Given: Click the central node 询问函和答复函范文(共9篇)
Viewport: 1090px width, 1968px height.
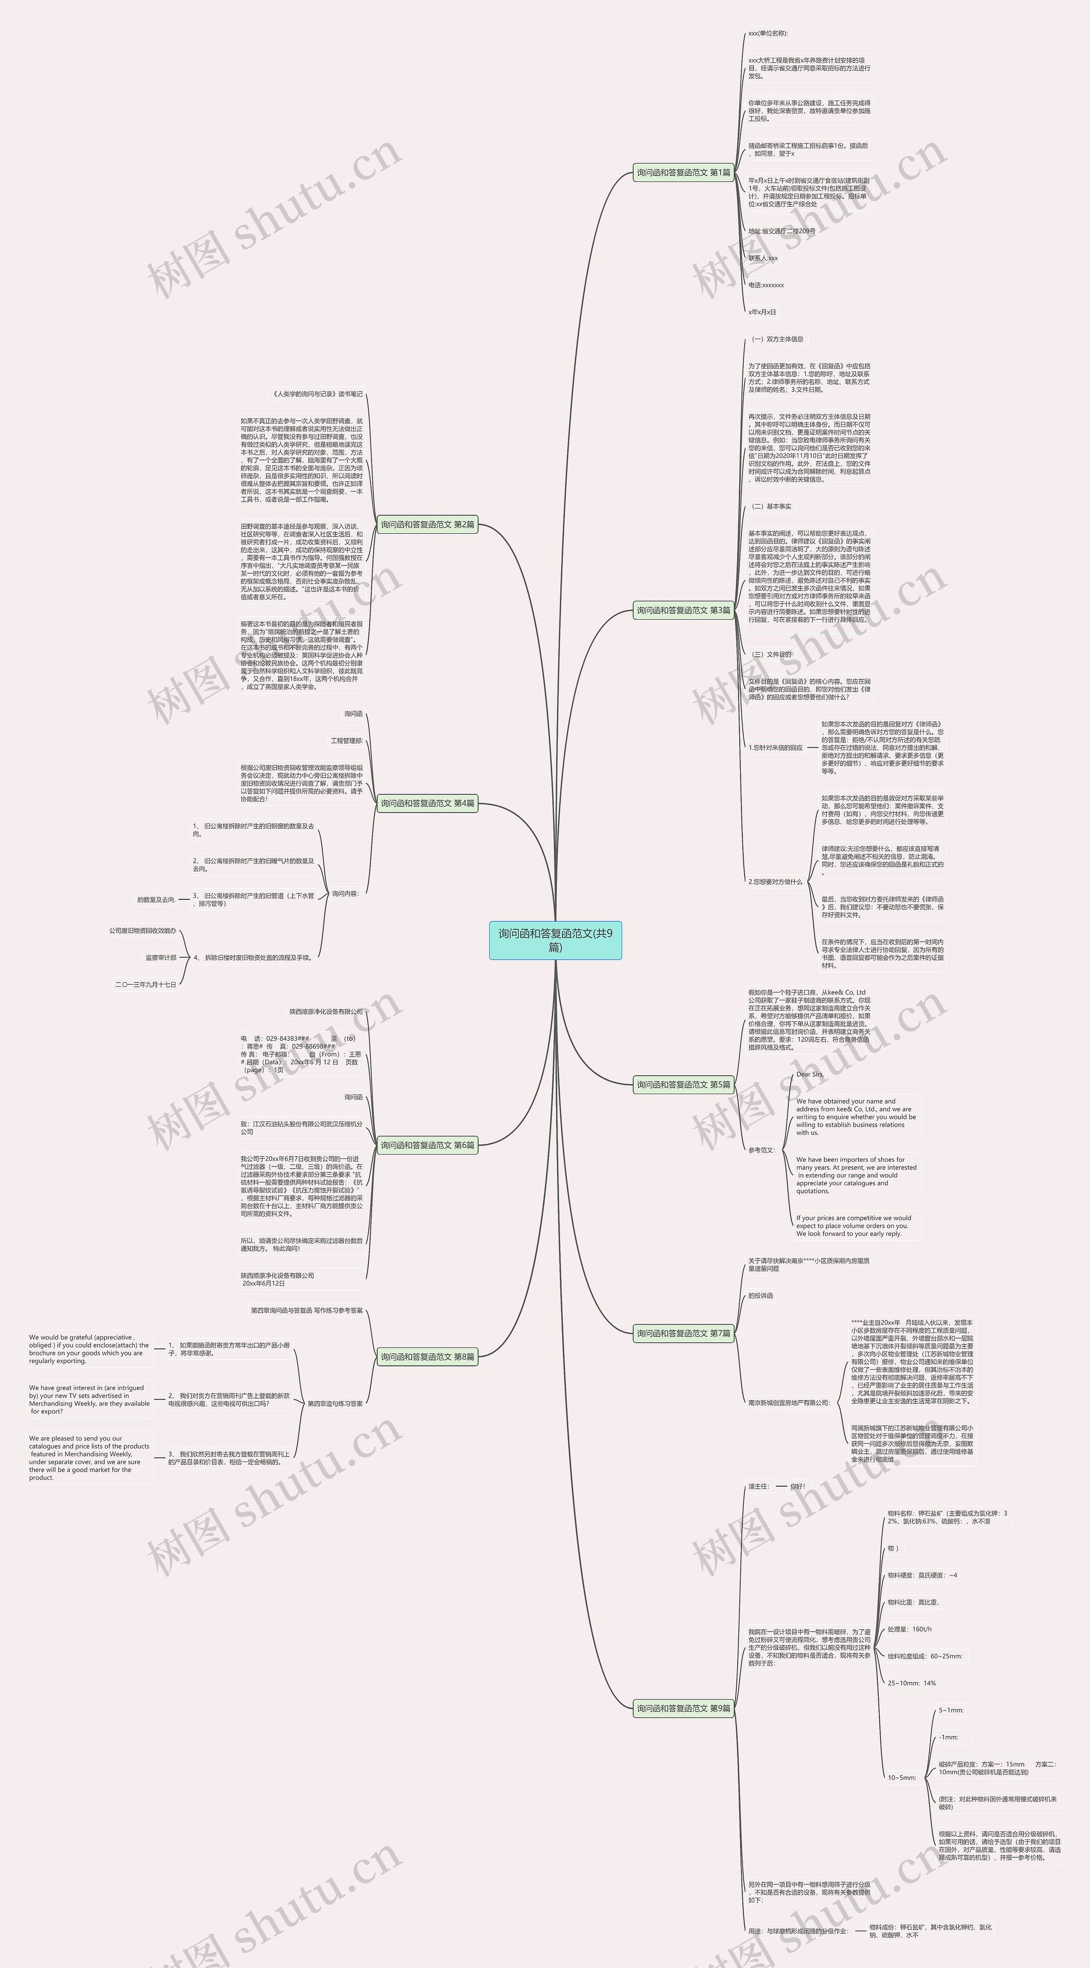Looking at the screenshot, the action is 555,939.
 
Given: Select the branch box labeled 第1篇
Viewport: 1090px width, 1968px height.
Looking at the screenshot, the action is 684,172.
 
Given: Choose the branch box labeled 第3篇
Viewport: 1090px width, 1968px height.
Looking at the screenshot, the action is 684,610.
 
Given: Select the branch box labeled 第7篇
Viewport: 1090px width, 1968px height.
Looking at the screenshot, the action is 684,1333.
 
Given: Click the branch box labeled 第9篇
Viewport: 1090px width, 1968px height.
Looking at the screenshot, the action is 684,1708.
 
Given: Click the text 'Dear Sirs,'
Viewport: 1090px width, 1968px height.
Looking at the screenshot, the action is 810,1074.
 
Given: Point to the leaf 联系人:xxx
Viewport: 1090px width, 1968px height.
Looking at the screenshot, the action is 763,258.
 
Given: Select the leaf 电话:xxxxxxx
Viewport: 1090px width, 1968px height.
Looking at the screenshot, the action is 766,285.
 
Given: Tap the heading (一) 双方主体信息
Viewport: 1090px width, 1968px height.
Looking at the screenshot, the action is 776,339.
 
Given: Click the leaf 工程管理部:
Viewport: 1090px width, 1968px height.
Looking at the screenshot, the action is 347,741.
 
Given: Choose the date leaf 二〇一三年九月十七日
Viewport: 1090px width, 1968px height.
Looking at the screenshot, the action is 146,985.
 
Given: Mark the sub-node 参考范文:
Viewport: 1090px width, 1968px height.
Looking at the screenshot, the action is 762,1150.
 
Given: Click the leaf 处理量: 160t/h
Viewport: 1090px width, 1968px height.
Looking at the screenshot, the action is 910,1629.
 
